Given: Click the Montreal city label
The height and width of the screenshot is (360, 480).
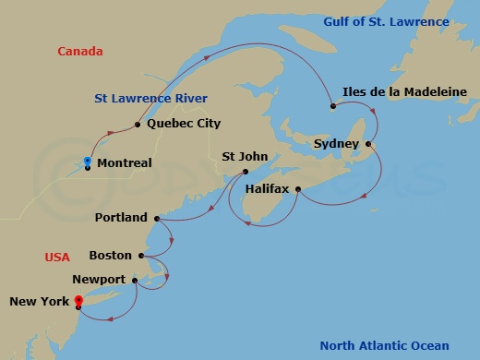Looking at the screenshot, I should [124, 162].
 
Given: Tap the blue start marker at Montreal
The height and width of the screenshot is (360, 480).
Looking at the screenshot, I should [87, 162].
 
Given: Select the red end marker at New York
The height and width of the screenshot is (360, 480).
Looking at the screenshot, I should [78, 299].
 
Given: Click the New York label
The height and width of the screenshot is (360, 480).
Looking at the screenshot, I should [39, 302].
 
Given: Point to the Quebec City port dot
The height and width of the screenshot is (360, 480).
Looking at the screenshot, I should [137, 125].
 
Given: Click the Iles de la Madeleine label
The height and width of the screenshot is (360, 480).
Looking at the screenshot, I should [404, 91].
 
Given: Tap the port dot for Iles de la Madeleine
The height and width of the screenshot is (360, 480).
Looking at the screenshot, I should [332, 106].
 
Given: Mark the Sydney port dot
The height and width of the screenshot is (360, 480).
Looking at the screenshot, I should [368, 144].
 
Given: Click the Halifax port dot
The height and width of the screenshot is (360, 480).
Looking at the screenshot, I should [297, 189].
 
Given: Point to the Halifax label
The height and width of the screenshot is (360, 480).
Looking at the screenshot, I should [267, 188].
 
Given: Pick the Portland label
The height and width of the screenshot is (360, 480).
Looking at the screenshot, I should [121, 218].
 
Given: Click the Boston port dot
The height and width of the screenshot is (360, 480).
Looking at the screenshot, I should [140, 256].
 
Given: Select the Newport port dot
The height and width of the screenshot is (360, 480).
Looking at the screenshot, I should [135, 281].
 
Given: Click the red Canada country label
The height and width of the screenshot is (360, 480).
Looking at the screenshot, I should [80, 52].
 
